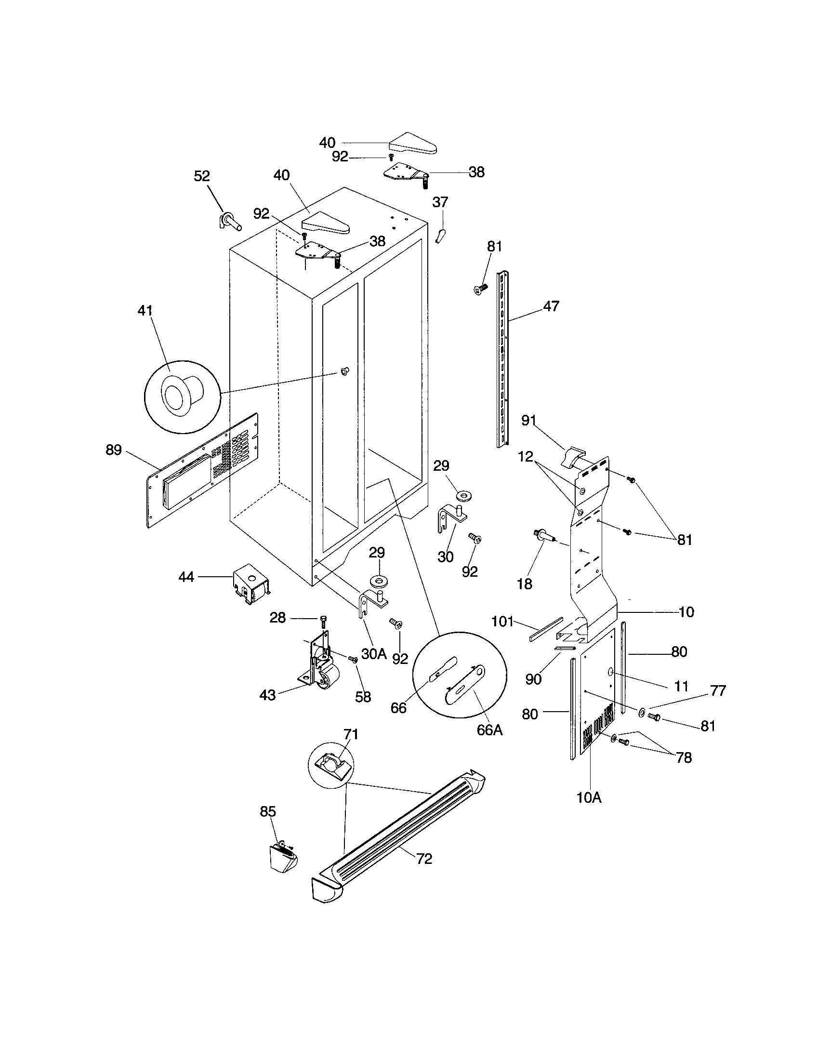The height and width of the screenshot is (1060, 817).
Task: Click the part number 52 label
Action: [x=202, y=176]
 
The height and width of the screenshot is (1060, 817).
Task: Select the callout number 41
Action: [x=145, y=311]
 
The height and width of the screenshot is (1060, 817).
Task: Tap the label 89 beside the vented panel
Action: [x=114, y=450]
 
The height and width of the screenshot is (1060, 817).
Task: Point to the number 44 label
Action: [x=186, y=577]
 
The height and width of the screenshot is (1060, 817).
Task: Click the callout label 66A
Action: [x=489, y=729]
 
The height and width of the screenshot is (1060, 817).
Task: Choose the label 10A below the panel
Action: [x=589, y=797]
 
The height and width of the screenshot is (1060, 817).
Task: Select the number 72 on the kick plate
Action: [x=424, y=859]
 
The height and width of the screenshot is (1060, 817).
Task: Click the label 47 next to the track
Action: [x=551, y=306]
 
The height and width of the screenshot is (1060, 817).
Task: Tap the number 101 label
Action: [x=502, y=621]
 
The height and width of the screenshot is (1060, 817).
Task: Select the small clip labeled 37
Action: [x=440, y=236]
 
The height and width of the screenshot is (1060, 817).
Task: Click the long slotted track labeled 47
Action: [x=502, y=359]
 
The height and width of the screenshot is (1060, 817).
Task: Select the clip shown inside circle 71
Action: [x=330, y=766]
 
